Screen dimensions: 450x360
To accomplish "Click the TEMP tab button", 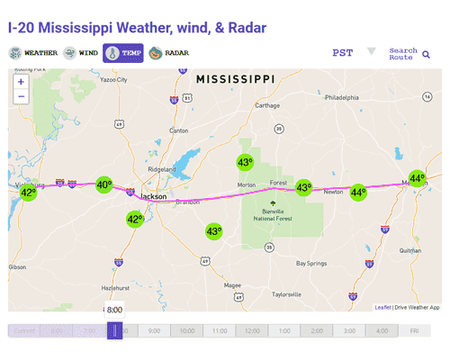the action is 123,53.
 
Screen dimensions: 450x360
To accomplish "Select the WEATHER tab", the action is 34,53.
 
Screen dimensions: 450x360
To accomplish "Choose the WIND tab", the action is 81,53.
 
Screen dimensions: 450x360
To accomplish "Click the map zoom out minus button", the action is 21,96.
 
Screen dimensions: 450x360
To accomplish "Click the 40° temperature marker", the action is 104,184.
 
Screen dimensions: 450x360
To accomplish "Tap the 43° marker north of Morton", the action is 245,162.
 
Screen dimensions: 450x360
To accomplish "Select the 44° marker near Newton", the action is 358,192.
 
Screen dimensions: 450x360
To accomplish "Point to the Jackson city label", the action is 154,196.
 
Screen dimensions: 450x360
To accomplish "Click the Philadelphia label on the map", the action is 342,97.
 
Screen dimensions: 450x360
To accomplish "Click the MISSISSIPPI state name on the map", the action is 235,80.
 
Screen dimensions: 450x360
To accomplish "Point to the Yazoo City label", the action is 114,79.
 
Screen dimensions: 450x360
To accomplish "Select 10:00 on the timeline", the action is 187,331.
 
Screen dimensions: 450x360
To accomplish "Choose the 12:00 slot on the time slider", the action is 252,331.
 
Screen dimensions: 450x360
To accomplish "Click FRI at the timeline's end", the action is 415,331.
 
